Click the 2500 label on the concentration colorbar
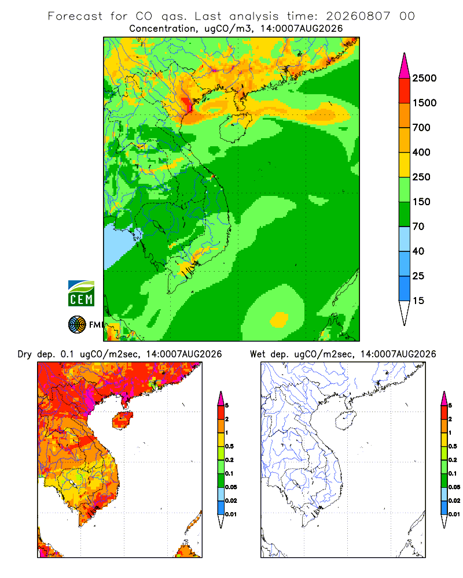click(424, 78)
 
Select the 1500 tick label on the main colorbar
click(424, 103)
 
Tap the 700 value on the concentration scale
click(421, 128)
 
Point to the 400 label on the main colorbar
click(421, 152)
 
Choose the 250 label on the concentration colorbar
click(421, 177)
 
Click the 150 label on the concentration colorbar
click(421, 202)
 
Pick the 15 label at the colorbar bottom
click(418, 301)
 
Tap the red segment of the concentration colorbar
click(405, 91)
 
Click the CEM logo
click(81, 294)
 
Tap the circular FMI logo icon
click(77, 325)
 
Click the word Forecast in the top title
click(75, 16)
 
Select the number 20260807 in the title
click(358, 16)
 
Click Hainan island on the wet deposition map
click(346, 420)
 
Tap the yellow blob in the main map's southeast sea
click(279, 319)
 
